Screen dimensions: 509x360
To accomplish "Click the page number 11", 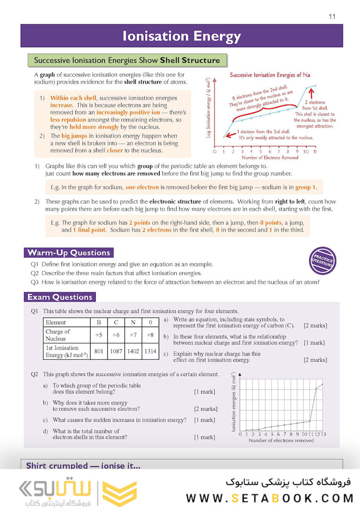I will tap(332, 16).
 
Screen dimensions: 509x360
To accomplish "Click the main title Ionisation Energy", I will tap(181, 36).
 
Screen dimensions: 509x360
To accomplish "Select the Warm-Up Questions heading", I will tap(69, 253).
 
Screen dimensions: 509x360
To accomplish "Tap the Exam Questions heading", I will tap(60, 297).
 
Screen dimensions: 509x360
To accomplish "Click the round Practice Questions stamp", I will tap(323, 261).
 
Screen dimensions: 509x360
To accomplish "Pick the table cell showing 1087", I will tap(116, 352).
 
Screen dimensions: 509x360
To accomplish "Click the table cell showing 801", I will tap(99, 352).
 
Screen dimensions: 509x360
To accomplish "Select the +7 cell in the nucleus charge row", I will tap(133, 335).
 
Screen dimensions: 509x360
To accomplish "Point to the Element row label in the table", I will tap(56, 323).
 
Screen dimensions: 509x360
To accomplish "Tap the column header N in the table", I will tap(133, 323).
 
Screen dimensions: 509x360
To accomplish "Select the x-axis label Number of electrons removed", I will tap(281, 441).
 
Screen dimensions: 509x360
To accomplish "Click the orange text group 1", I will tap(305, 187).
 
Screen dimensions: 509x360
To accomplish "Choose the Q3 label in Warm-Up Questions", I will tap(35, 282).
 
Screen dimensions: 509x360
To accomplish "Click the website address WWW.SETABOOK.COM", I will tap(270, 498).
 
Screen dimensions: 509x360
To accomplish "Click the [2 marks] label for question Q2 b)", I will tap(206, 409).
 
